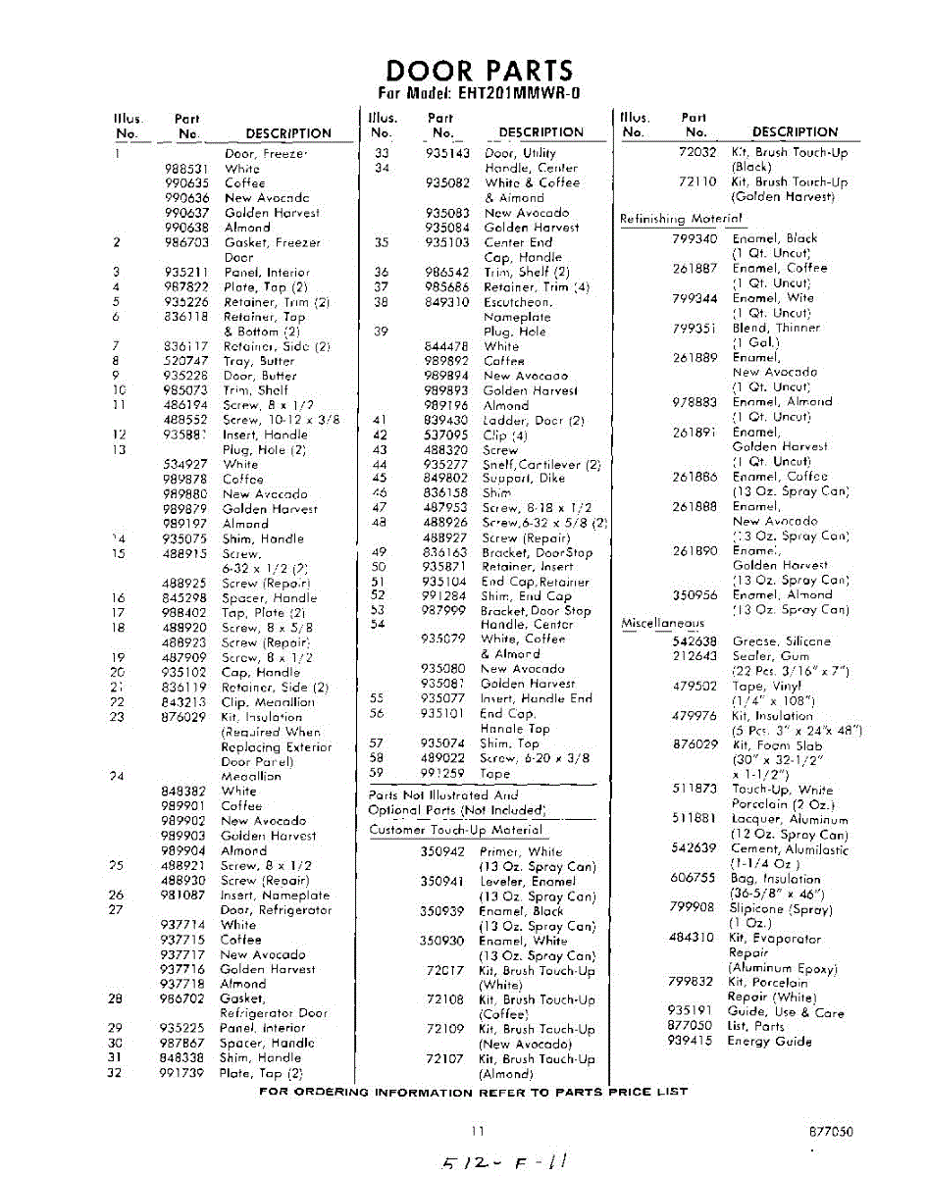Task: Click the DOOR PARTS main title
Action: click(x=479, y=71)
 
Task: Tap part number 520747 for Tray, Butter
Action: click(x=185, y=361)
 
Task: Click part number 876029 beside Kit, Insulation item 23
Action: click(x=184, y=717)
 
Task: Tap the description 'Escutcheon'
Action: click(x=518, y=302)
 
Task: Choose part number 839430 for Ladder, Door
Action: click(x=447, y=420)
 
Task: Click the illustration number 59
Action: click(x=377, y=773)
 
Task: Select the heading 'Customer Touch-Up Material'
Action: click(x=455, y=830)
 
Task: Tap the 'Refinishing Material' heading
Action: click(x=681, y=219)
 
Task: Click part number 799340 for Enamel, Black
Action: click(x=695, y=238)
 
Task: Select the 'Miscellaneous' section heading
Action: click(x=662, y=623)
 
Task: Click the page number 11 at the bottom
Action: click(x=478, y=1131)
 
